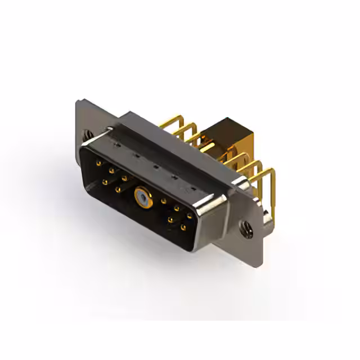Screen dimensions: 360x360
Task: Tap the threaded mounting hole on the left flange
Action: pyautogui.click(x=87, y=135)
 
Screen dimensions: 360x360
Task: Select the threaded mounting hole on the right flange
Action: pyautogui.click(x=245, y=228)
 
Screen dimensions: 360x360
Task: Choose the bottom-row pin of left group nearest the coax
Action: pyautogui.click(x=118, y=190)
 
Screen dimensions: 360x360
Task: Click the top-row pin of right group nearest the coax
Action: pyautogui.click(x=163, y=201)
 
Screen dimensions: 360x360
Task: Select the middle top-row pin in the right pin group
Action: pyautogui.click(x=176, y=208)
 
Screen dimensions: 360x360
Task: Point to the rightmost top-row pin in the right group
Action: pyautogui.click(x=190, y=215)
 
